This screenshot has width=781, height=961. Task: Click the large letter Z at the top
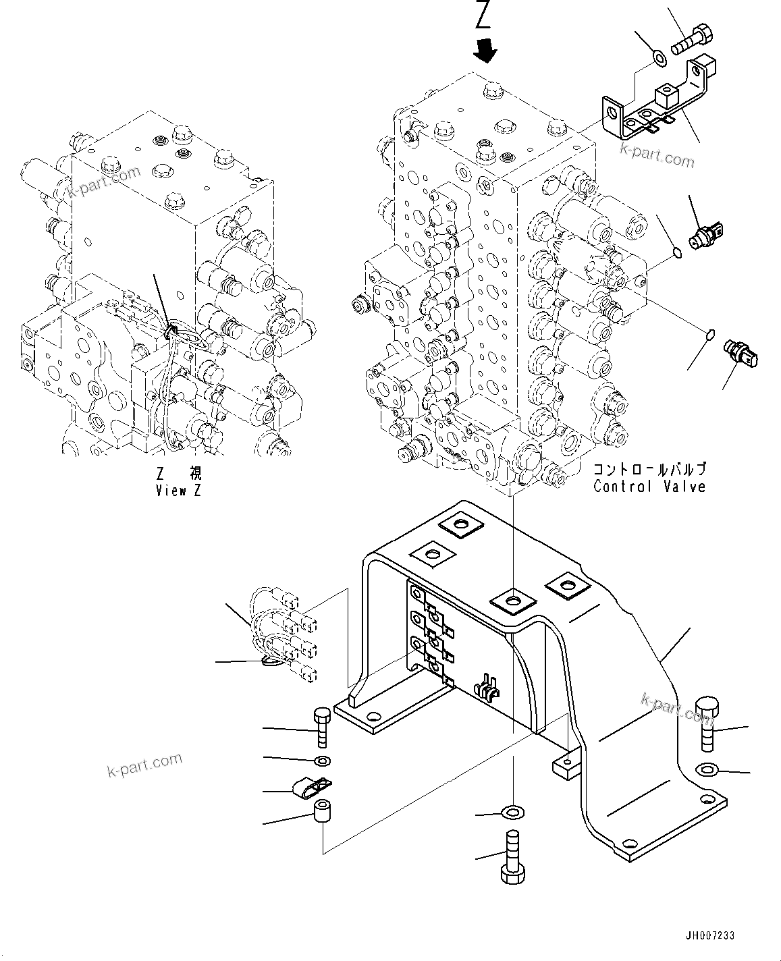coord(482,14)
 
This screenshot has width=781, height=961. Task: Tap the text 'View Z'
coord(178,491)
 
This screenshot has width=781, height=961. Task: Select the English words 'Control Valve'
coord(649,486)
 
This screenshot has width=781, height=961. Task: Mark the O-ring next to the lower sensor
coord(709,334)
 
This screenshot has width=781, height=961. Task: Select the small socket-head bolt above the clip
coord(323,727)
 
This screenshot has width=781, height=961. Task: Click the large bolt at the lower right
coord(705,722)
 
